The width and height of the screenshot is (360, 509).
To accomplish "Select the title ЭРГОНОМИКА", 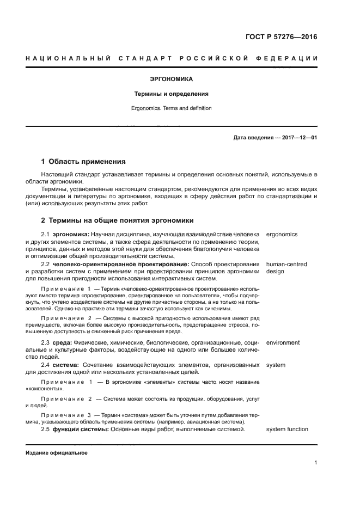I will (x=171, y=79).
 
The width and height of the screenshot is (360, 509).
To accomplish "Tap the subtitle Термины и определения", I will (x=171, y=94).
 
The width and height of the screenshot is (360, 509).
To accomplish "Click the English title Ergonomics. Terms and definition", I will (x=171, y=108).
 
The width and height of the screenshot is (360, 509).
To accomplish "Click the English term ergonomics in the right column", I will (x=282, y=234).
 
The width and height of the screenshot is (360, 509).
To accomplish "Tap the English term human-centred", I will (x=286, y=264).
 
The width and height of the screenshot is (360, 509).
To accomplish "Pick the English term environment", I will (x=283, y=342).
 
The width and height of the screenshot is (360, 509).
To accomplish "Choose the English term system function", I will (x=287, y=429).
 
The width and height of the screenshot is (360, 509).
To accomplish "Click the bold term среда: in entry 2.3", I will (x=62, y=342).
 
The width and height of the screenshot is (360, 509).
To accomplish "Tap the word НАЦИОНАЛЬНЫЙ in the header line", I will (x=65, y=58).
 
